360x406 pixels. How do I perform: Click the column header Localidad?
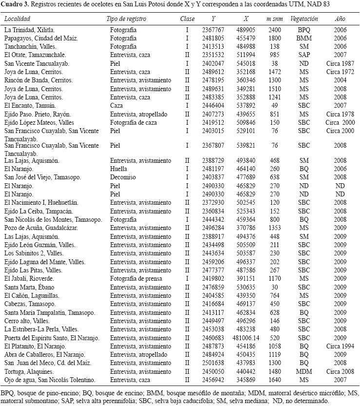pyautogui.click(x=17, y=19)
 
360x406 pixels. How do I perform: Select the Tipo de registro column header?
pyautogui.click(x=126, y=19)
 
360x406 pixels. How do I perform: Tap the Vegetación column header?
pyautogui.click(x=304, y=19)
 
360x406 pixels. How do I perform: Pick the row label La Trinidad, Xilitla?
pyautogui.click(x=29, y=30)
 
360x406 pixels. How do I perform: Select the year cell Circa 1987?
pyautogui.click(x=340, y=63)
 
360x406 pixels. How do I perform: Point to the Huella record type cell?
pyautogui.click(x=119, y=169)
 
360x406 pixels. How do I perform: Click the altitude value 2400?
pyautogui.click(x=274, y=30)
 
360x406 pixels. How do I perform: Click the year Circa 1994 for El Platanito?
pyautogui.click(x=340, y=346)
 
